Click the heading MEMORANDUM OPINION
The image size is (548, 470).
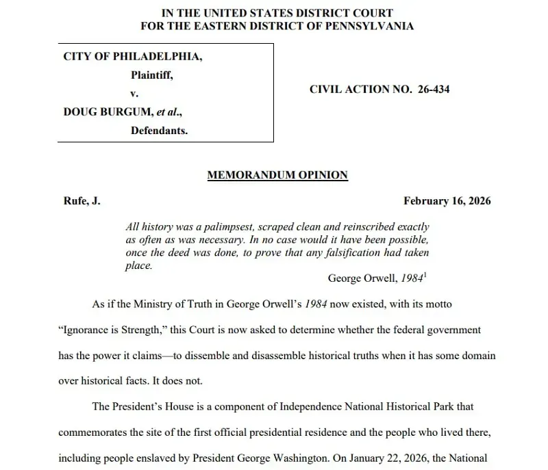[277, 175]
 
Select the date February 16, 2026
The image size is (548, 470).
[447, 201]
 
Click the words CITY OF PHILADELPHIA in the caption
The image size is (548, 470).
[133, 57]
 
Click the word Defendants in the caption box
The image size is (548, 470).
[159, 130]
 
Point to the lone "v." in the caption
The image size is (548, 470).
[136, 94]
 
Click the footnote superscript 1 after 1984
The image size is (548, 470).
[426, 275]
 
